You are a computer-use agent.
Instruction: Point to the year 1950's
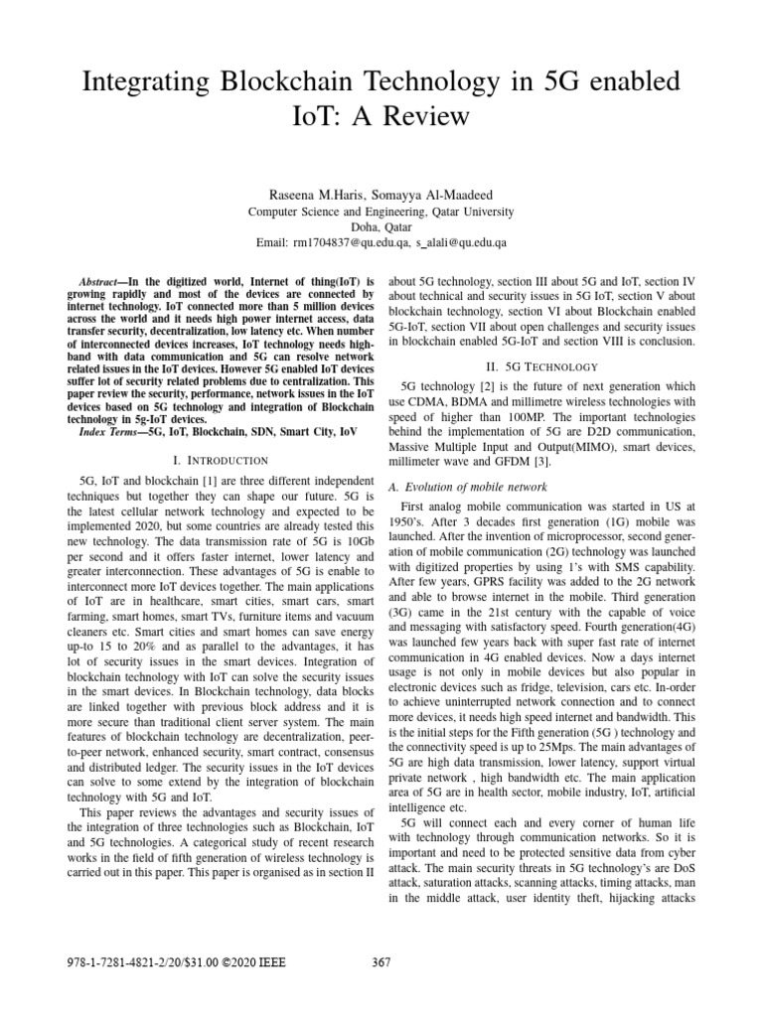click(x=408, y=520)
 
